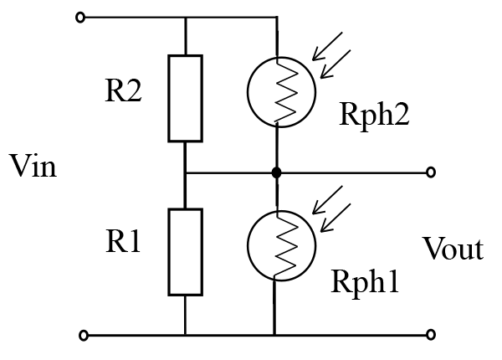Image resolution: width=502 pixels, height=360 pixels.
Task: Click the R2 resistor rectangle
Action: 185,98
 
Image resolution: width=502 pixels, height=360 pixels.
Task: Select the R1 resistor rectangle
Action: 185,252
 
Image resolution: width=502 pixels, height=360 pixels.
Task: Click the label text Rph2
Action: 374,115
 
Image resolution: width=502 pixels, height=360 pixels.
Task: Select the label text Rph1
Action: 366,281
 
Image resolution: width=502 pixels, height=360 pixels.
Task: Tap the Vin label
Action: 33,167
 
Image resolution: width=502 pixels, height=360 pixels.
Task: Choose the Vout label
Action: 453,249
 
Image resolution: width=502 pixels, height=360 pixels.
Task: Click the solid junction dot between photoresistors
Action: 276,173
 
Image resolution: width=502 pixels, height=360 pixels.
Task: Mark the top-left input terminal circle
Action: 81,17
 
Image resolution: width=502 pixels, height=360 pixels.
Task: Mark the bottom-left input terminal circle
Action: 81,336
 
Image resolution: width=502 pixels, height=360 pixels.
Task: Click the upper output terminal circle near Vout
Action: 430,173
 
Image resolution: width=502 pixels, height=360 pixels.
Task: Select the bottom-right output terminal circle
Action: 430,336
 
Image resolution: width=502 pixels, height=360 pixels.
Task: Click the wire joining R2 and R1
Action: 185,173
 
